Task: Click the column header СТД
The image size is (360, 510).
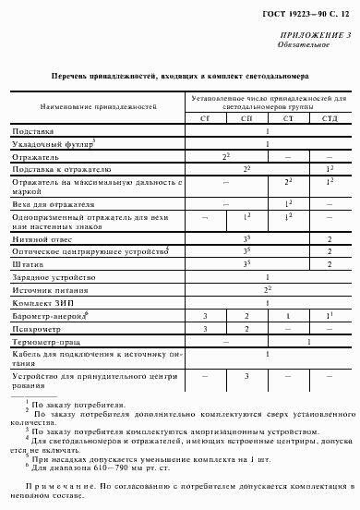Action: [x=328, y=118]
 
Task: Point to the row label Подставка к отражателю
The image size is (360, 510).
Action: [x=62, y=171]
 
